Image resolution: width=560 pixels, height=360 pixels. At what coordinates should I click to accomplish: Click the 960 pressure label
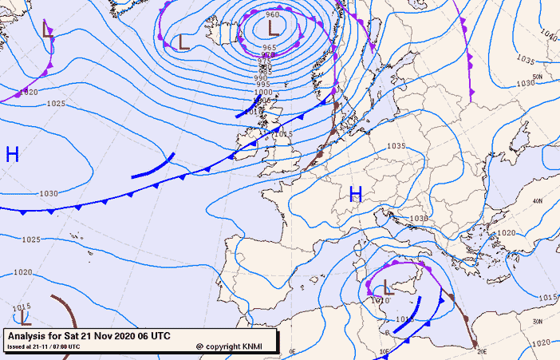tap(272, 15)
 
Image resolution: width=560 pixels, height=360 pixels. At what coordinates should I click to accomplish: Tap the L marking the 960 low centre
tap(273, 29)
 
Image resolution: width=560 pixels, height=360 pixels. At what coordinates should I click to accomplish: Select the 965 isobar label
tap(269, 48)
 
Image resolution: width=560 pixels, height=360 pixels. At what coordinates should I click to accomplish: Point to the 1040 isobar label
tap(548, 34)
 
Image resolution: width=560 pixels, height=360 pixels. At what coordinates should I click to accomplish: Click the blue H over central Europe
tap(356, 193)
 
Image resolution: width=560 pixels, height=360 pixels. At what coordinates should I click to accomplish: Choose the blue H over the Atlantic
tap(12, 154)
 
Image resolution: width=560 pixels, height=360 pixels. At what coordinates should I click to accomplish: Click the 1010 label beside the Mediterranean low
tap(379, 300)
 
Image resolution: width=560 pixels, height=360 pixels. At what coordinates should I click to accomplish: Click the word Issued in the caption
tap(16, 347)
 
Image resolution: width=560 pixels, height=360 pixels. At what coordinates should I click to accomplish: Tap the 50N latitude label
tap(538, 77)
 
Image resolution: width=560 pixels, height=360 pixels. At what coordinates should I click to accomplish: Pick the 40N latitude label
tap(538, 201)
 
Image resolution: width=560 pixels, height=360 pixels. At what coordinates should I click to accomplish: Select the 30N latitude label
tap(538, 321)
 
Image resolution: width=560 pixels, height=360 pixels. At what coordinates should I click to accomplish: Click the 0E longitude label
tap(292, 351)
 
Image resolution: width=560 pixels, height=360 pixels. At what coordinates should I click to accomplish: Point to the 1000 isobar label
tap(263, 93)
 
